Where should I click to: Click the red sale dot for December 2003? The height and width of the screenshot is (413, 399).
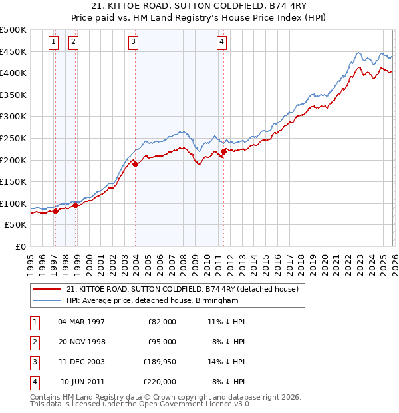(135, 164)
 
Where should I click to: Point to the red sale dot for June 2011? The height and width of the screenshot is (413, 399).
(223, 151)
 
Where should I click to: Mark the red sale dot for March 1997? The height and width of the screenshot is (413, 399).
(55, 211)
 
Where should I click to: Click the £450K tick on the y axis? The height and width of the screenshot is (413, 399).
(13, 51)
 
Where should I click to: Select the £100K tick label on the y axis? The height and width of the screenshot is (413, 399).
(13, 203)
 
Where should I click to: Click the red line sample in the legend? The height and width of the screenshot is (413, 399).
(47, 289)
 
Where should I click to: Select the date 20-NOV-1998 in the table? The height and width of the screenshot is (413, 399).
(82, 342)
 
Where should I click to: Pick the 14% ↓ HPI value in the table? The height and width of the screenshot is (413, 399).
(226, 362)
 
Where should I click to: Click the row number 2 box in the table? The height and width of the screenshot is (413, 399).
(33, 342)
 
